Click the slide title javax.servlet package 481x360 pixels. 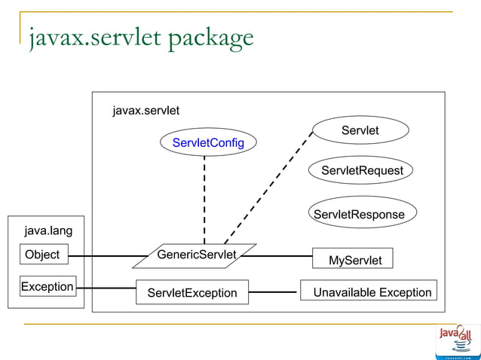pyautogui.click(x=141, y=37)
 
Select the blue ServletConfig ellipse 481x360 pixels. pyautogui.click(x=208, y=142)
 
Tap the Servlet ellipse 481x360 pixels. pyautogui.click(x=360, y=130)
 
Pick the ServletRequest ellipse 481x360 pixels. pyautogui.click(x=362, y=170)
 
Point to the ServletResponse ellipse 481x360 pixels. pyautogui.click(x=360, y=214)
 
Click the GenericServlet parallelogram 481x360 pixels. pyautogui.click(x=195, y=255)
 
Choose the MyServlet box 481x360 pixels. pyautogui.click(x=354, y=259)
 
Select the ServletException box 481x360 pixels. pyautogui.click(x=191, y=291)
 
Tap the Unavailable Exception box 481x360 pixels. pyautogui.click(x=372, y=291)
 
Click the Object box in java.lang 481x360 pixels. pyautogui.click(x=42, y=255)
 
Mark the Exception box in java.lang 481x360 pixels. pyautogui.click(x=47, y=286)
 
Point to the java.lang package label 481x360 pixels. pyautogui.click(x=48, y=230)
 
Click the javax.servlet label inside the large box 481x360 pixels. pyautogui.click(x=146, y=111)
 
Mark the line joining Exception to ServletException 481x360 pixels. pyautogui.click(x=106, y=288)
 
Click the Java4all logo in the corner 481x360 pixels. pyautogui.click(x=458, y=341)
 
